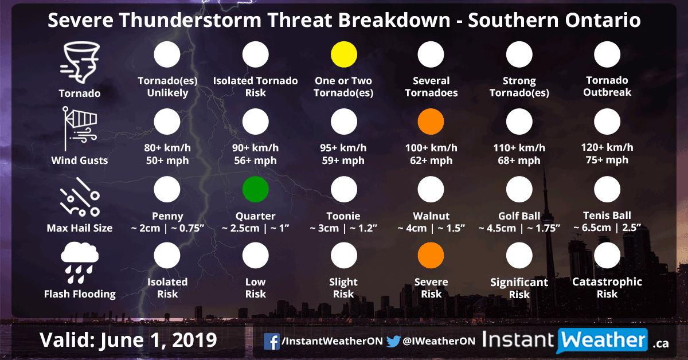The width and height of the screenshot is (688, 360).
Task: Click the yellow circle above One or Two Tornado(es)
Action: coord(344,54)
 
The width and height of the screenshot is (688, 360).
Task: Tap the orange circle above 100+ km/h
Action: coord(431,122)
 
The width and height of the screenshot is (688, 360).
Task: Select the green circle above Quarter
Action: coord(256,190)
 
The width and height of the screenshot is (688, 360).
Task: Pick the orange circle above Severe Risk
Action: coord(431,256)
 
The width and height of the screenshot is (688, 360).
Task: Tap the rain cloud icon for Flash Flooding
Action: coord(80,262)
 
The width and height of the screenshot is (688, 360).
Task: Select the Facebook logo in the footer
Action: coord(271,341)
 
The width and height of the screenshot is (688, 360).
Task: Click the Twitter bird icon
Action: coord(393,341)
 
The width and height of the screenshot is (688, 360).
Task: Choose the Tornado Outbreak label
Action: coord(607,86)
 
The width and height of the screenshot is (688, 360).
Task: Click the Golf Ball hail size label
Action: coord(519,222)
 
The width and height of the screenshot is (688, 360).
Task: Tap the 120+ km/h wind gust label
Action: coord(607,154)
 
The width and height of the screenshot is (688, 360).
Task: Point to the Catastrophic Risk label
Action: coord(607,288)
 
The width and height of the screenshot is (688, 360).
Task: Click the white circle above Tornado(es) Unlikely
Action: coord(167,54)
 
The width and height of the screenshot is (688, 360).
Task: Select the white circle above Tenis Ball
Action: coord(607,190)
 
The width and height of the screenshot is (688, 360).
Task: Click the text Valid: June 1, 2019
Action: coord(128,340)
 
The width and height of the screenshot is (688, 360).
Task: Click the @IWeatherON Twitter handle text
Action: coord(439,341)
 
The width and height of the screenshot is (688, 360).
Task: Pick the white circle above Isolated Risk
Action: coord(167,256)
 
